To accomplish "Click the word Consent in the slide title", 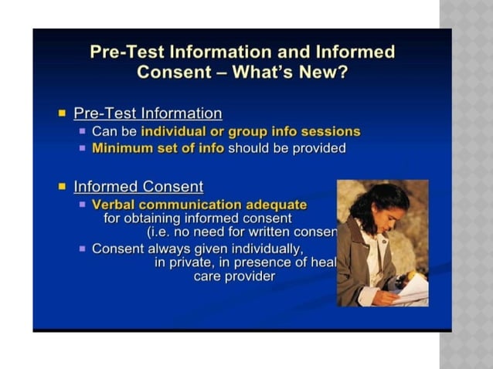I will (x=173, y=72).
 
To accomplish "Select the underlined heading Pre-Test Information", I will (x=148, y=113).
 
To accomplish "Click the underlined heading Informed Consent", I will (x=138, y=187).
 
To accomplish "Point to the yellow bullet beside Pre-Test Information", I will (x=63, y=113).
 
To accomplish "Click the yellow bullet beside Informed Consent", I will (x=63, y=187).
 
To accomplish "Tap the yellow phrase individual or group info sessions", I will (x=250, y=131).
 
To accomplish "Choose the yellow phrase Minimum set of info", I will (x=158, y=147).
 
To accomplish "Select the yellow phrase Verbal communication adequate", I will (x=199, y=205).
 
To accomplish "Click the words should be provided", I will (x=287, y=147).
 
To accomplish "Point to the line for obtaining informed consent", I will (x=198, y=218).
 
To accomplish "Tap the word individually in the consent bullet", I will (x=263, y=249).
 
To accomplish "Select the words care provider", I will (x=234, y=276).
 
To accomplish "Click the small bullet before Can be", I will (x=83, y=132).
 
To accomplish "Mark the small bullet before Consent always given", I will (x=83, y=249).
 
